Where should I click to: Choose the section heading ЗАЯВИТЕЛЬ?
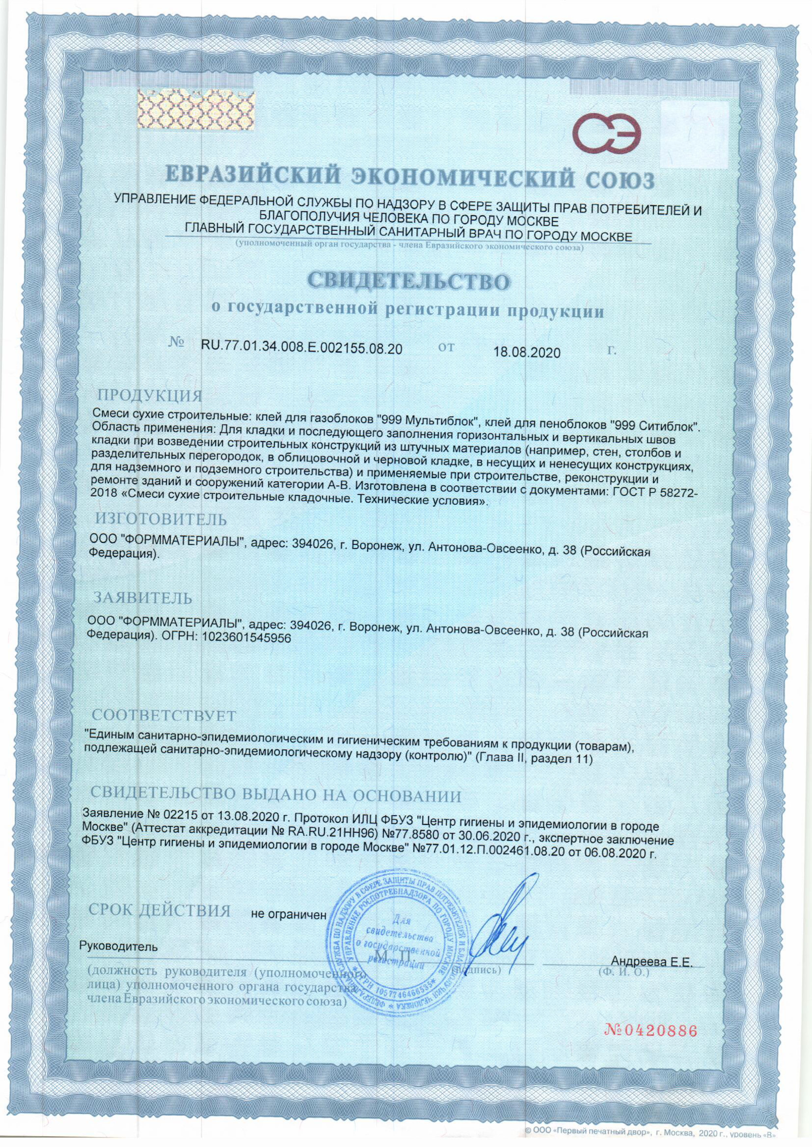click(x=142, y=598)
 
